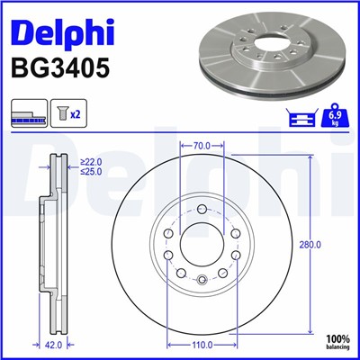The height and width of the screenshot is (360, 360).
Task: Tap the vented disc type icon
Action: pos(28,116)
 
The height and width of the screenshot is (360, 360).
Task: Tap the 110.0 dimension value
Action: pos(202,343)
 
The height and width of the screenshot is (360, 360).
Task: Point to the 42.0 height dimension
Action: pos(54,343)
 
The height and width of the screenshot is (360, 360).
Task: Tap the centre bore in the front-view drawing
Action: pos(202,243)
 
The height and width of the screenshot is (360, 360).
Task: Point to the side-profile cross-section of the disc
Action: pos(54,243)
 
